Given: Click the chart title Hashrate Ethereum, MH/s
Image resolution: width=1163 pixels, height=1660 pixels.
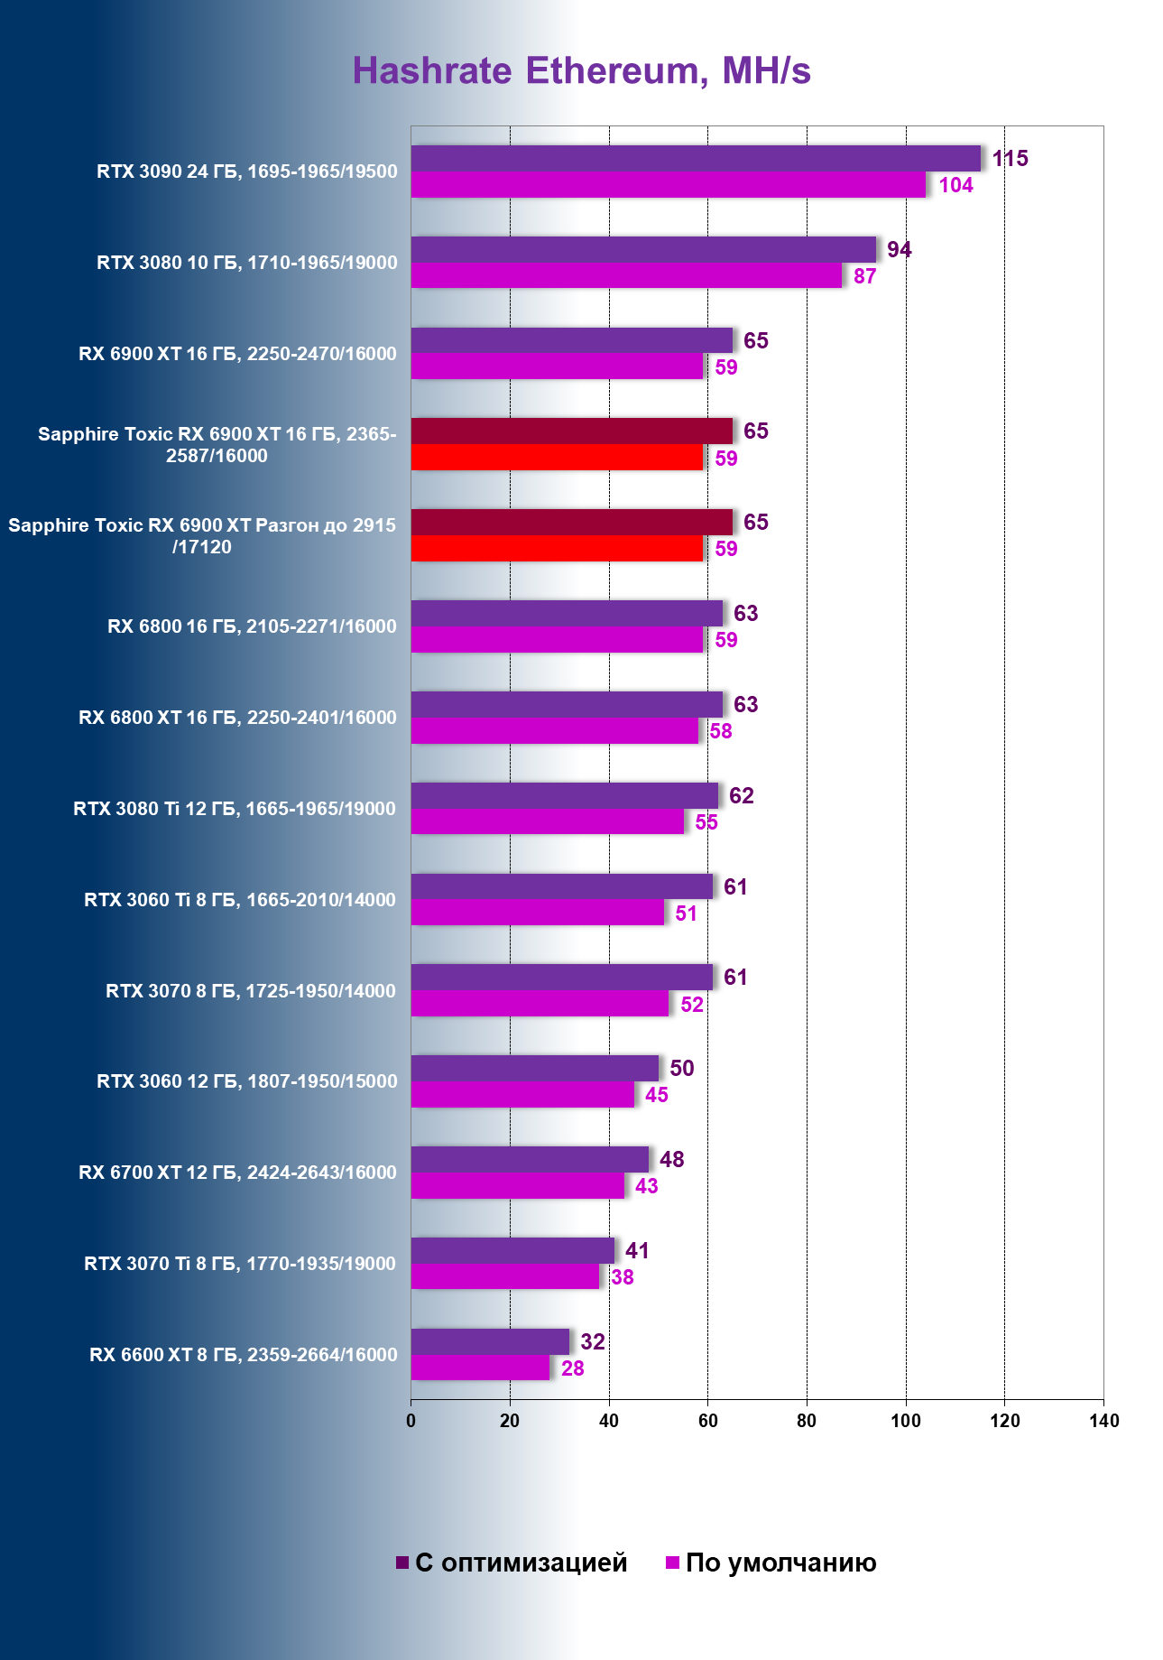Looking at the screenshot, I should (581, 70).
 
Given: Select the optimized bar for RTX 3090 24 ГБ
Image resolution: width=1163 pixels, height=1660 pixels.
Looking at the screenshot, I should (696, 158).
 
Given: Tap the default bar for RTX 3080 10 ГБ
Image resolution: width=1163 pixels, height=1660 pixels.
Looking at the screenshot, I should (626, 276).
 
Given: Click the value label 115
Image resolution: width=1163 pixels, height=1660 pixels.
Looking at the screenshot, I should (1010, 159).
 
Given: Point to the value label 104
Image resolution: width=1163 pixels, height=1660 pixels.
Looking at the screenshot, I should (955, 186).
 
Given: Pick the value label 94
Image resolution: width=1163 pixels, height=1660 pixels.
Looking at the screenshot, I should (899, 250).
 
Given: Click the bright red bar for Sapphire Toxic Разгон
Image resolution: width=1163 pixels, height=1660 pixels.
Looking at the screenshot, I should (557, 549).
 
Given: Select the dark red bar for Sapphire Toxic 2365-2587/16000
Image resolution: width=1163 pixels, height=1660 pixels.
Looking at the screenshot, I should (571, 431).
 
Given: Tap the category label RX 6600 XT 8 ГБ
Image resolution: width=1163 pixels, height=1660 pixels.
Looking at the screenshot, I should (243, 1355).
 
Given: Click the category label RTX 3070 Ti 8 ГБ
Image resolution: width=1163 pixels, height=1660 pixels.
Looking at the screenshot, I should (240, 1264).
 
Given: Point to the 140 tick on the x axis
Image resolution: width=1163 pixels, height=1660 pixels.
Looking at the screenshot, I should (1103, 1421).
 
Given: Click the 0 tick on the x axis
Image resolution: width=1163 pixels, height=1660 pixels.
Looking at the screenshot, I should (411, 1421).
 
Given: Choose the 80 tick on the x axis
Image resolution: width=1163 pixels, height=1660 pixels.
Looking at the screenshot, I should (807, 1421).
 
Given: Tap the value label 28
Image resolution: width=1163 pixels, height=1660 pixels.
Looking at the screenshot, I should (572, 1369).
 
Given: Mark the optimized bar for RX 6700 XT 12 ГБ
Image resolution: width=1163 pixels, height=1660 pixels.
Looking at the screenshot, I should (530, 1159).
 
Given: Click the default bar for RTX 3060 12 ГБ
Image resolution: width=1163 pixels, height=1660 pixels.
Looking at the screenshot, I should (522, 1095).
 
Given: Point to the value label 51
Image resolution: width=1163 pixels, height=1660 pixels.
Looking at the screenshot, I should (686, 913).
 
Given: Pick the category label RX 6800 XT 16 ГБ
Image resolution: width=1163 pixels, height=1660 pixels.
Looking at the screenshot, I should (237, 718).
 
